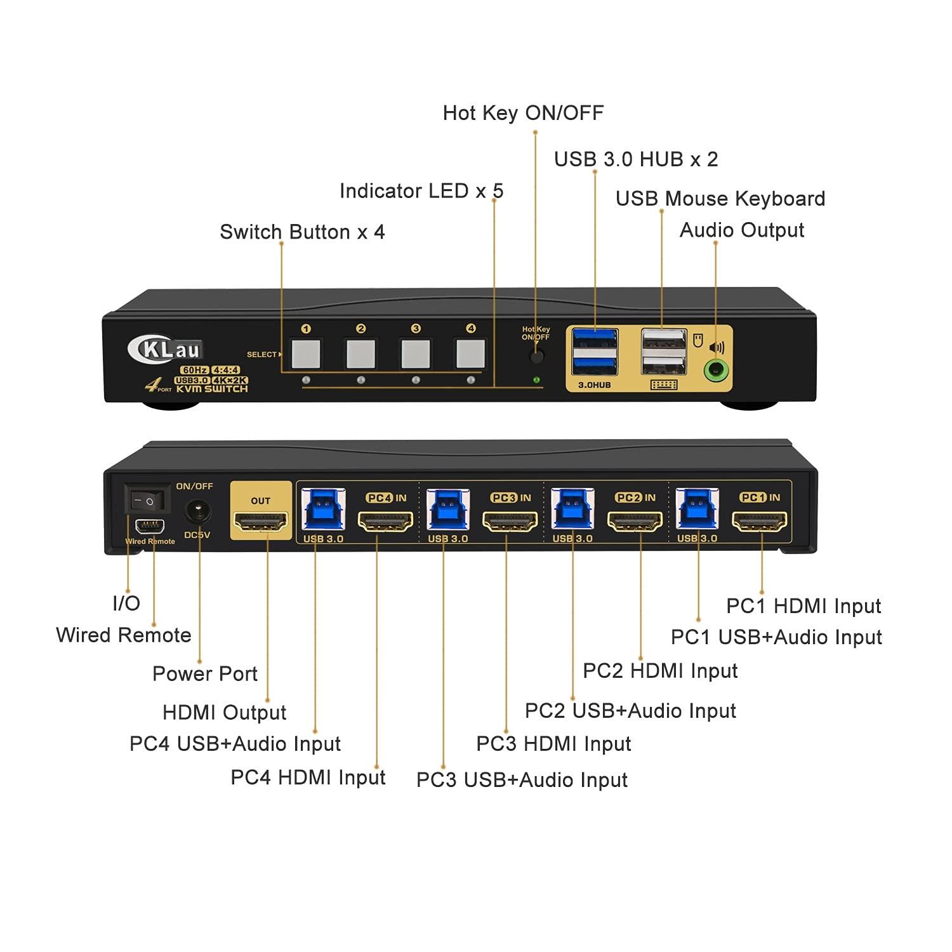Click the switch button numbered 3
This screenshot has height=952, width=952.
point(416,354)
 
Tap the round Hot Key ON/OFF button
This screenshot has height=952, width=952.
point(537,355)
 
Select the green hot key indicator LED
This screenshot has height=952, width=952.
point(537,380)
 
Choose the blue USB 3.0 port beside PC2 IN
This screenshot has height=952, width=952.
point(572,510)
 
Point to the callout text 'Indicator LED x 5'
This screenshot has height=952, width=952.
point(421,191)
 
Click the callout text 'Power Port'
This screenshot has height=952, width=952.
point(205,674)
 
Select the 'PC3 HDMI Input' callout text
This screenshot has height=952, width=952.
point(553,744)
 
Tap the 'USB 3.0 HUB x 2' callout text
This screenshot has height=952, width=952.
point(636,159)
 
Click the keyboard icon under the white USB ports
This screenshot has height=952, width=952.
point(664,385)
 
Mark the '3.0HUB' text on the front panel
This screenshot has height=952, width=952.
point(594,385)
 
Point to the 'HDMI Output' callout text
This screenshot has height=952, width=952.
point(225,713)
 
